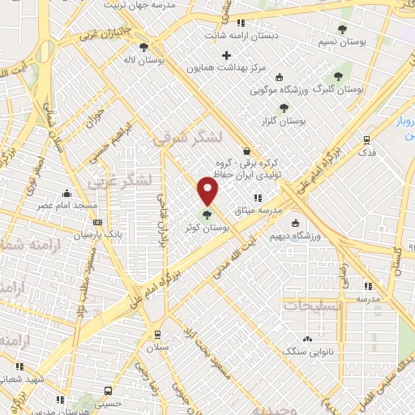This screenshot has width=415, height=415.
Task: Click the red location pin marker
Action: click(208, 191)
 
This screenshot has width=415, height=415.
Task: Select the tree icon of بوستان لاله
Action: click(143, 47)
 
